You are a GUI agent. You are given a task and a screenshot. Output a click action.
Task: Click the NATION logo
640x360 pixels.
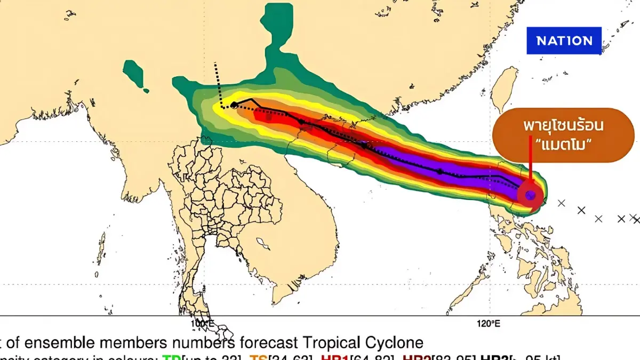click(x=564, y=41)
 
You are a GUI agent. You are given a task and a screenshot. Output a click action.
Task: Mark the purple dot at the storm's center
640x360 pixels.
click(x=530, y=196)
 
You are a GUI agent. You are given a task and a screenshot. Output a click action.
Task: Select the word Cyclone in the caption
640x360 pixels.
click(x=394, y=342)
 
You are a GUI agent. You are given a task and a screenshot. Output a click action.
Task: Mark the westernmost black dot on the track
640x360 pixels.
click(x=234, y=105)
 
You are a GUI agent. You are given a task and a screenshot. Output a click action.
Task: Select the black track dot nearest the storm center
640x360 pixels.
click(x=440, y=172)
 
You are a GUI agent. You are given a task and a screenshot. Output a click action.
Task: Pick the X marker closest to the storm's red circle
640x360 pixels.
click(x=561, y=203)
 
